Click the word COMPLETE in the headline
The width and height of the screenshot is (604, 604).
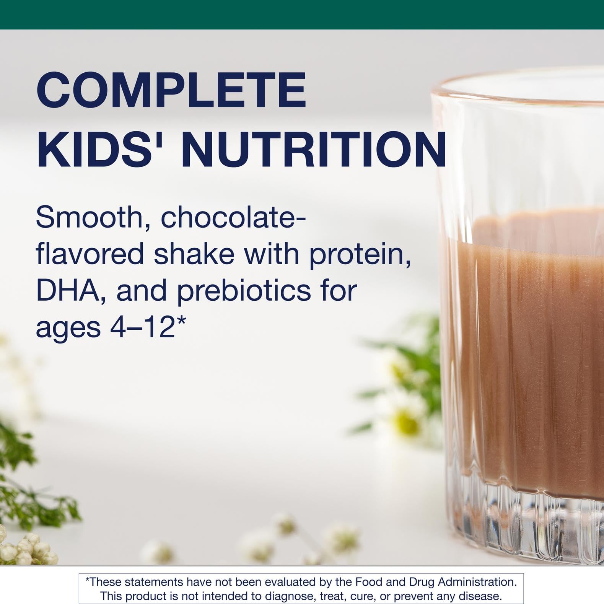pyautogui.click(x=171, y=91)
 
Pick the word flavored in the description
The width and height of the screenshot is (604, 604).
pyautogui.click(x=90, y=254)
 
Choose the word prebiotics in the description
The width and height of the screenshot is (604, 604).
pyautogui.click(x=244, y=291)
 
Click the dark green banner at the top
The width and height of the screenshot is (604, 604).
pyautogui.click(x=302, y=14)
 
